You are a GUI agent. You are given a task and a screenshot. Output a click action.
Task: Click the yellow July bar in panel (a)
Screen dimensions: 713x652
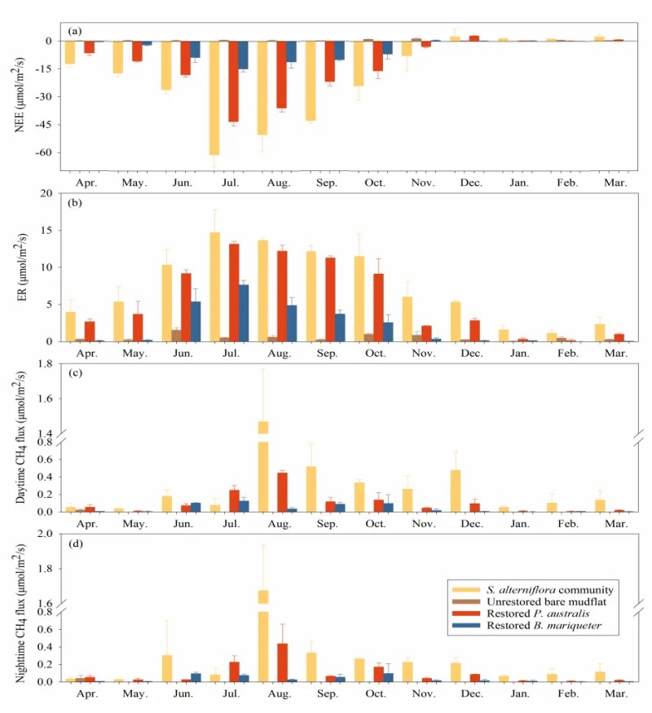coord(214,97)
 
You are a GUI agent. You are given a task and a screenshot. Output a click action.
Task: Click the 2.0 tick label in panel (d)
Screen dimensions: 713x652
coord(45,534)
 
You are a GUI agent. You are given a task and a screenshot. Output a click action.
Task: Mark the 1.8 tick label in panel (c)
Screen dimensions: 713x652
coord(45,364)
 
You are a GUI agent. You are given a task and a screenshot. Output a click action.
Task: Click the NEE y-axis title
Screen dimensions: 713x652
coord(19,96)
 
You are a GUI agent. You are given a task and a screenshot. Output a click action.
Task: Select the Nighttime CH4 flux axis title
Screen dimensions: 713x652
coord(19,607)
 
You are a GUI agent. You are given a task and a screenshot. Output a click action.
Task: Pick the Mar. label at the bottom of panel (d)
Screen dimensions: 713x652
coord(615,698)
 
